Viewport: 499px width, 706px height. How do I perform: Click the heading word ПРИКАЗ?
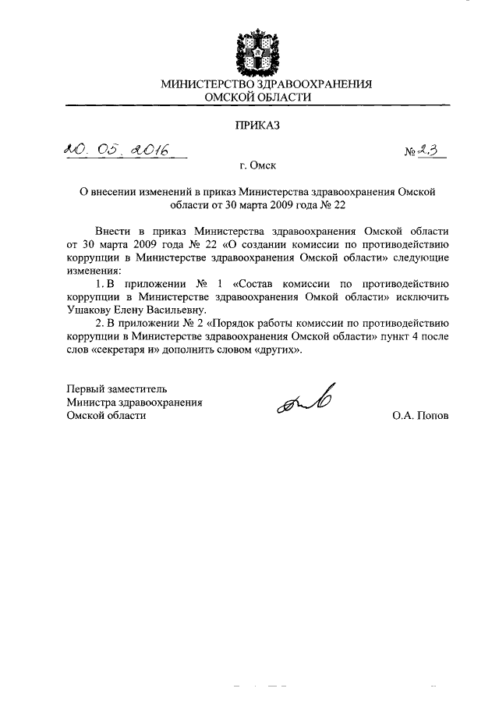pos(257,123)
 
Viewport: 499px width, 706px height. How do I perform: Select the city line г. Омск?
pos(258,165)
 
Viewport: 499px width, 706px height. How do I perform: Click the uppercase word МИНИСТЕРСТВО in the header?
pos(206,83)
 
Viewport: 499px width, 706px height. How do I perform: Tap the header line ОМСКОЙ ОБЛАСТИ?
pos(257,98)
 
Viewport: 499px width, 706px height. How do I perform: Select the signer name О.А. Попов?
pos(421,416)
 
